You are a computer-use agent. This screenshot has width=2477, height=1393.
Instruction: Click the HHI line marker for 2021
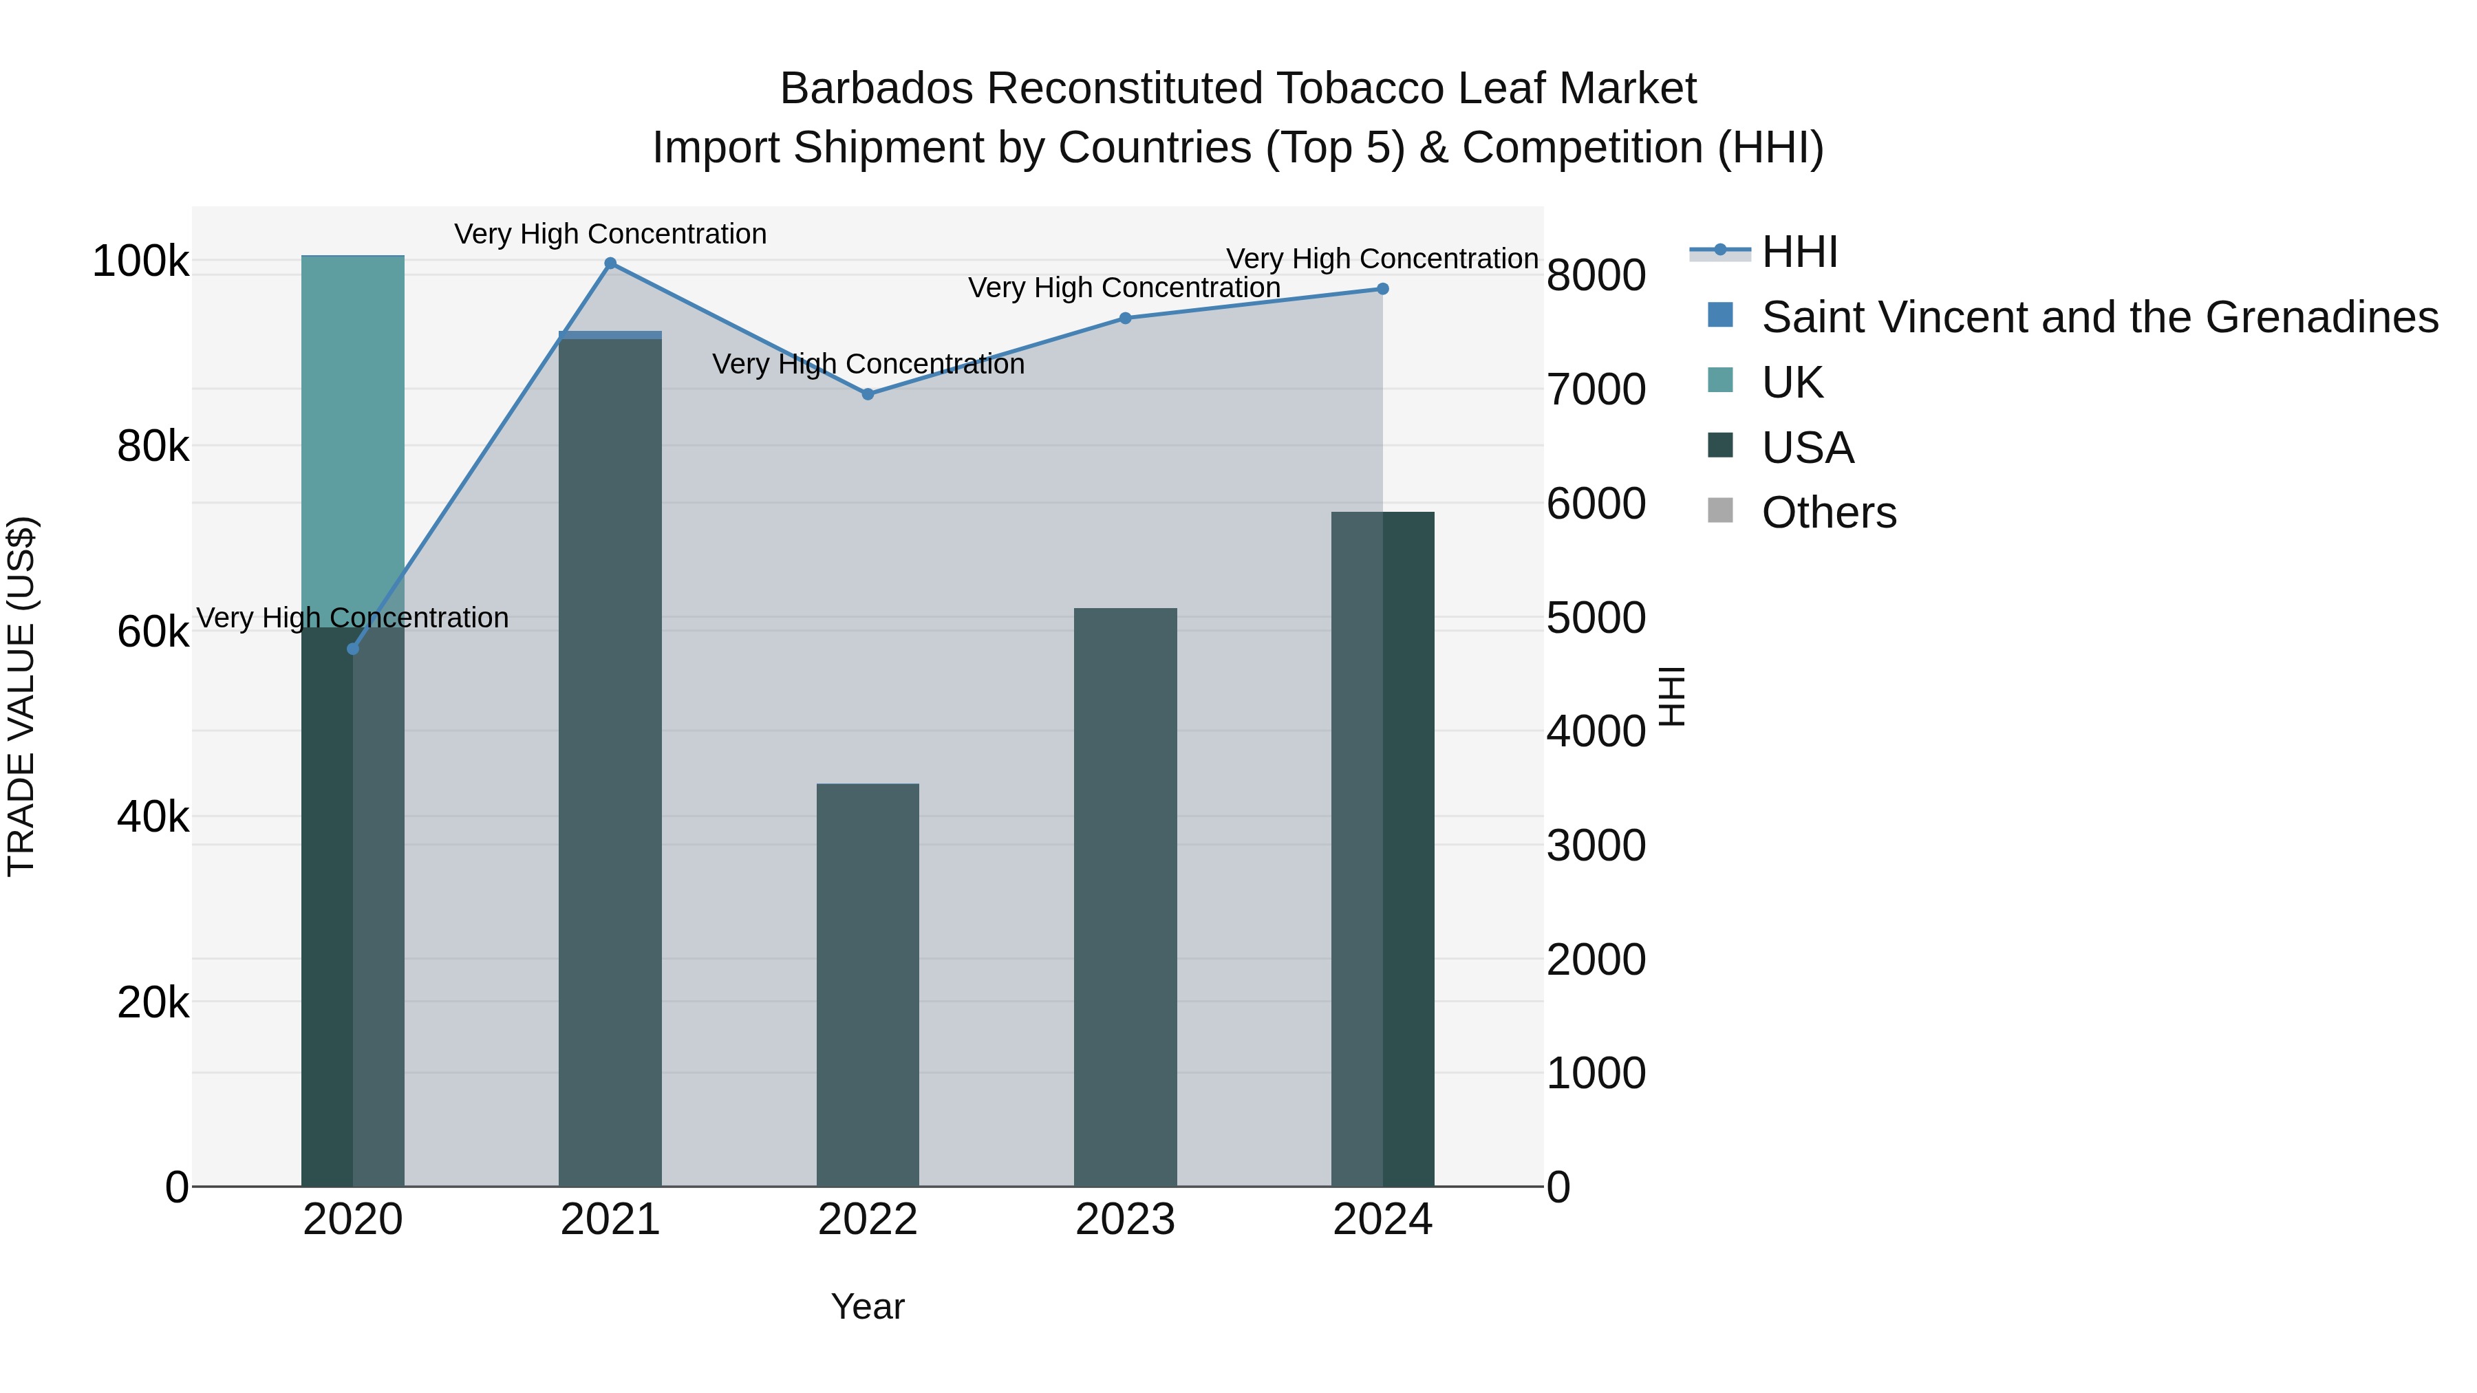[610, 263]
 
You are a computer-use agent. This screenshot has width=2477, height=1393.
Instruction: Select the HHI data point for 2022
[868, 394]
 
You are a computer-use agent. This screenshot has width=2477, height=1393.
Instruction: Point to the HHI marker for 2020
[353, 649]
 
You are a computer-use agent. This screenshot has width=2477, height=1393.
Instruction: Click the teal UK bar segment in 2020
[353, 433]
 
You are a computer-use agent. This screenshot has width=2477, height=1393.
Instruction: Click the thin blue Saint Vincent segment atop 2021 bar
[610, 334]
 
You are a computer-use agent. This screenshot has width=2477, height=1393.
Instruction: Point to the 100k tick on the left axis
[140, 261]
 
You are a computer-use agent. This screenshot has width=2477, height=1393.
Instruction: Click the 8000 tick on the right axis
[1596, 276]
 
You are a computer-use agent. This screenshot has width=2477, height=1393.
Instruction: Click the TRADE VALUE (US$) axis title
[21, 696]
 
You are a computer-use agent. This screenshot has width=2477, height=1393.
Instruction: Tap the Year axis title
[868, 1306]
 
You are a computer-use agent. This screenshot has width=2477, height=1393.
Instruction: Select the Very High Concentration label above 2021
[610, 234]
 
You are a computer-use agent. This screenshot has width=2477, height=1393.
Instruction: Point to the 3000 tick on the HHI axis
[1596, 846]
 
